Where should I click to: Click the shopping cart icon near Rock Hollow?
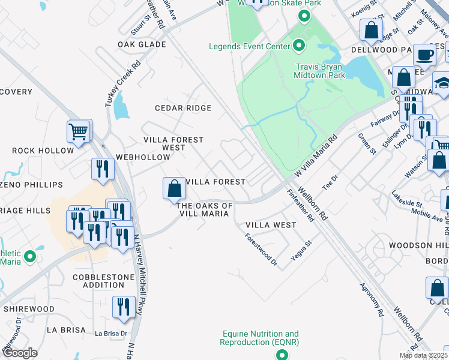[79, 131]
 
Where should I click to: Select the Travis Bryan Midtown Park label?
[320, 71]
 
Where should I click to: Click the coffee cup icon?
[426, 55]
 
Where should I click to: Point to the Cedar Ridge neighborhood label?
[183, 108]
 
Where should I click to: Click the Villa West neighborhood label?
[271, 225]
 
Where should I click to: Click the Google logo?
[20, 353]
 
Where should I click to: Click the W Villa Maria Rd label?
[316, 154]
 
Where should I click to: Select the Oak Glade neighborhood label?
[142, 44]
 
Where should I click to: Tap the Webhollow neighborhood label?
[143, 157]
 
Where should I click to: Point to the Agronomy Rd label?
[371, 299]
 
